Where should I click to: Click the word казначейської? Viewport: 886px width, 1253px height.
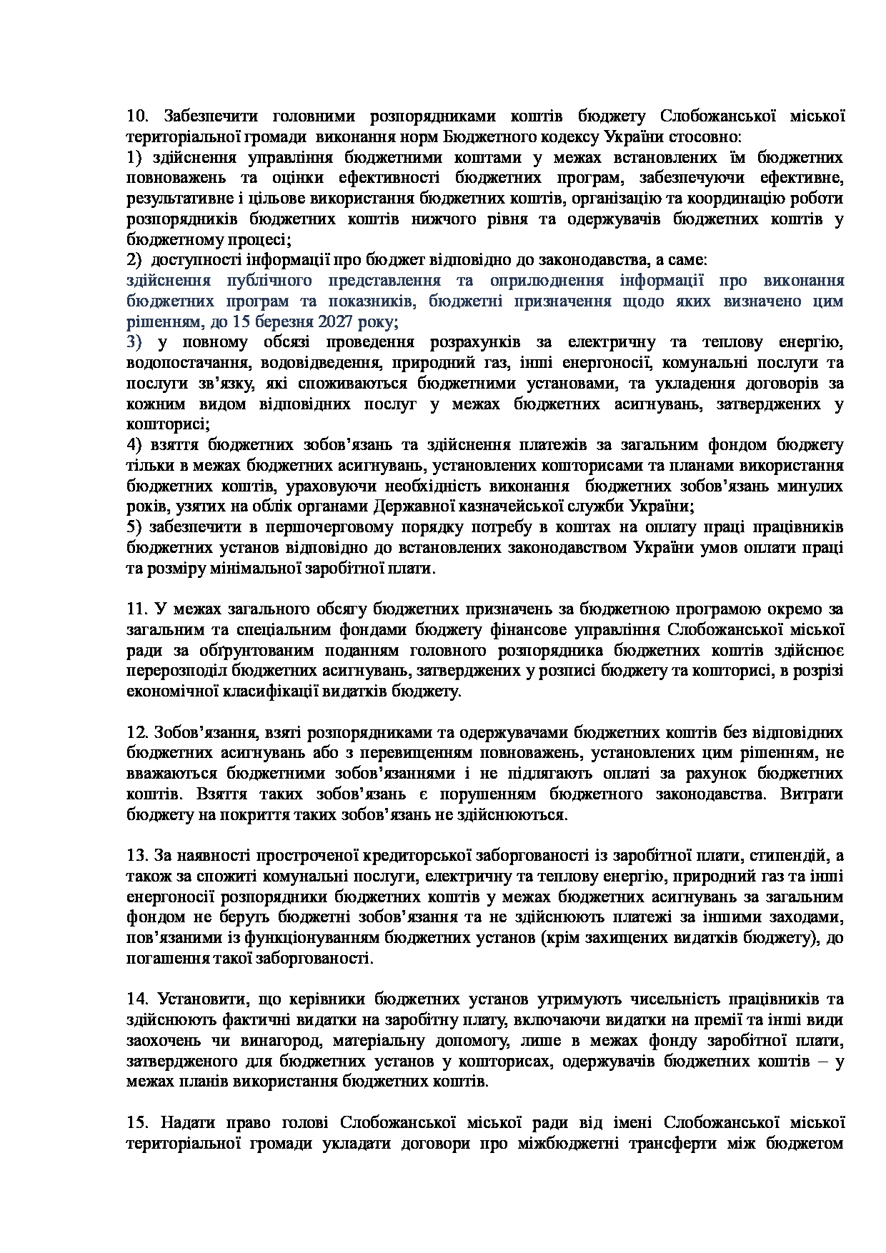pyautogui.click(x=512, y=507)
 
